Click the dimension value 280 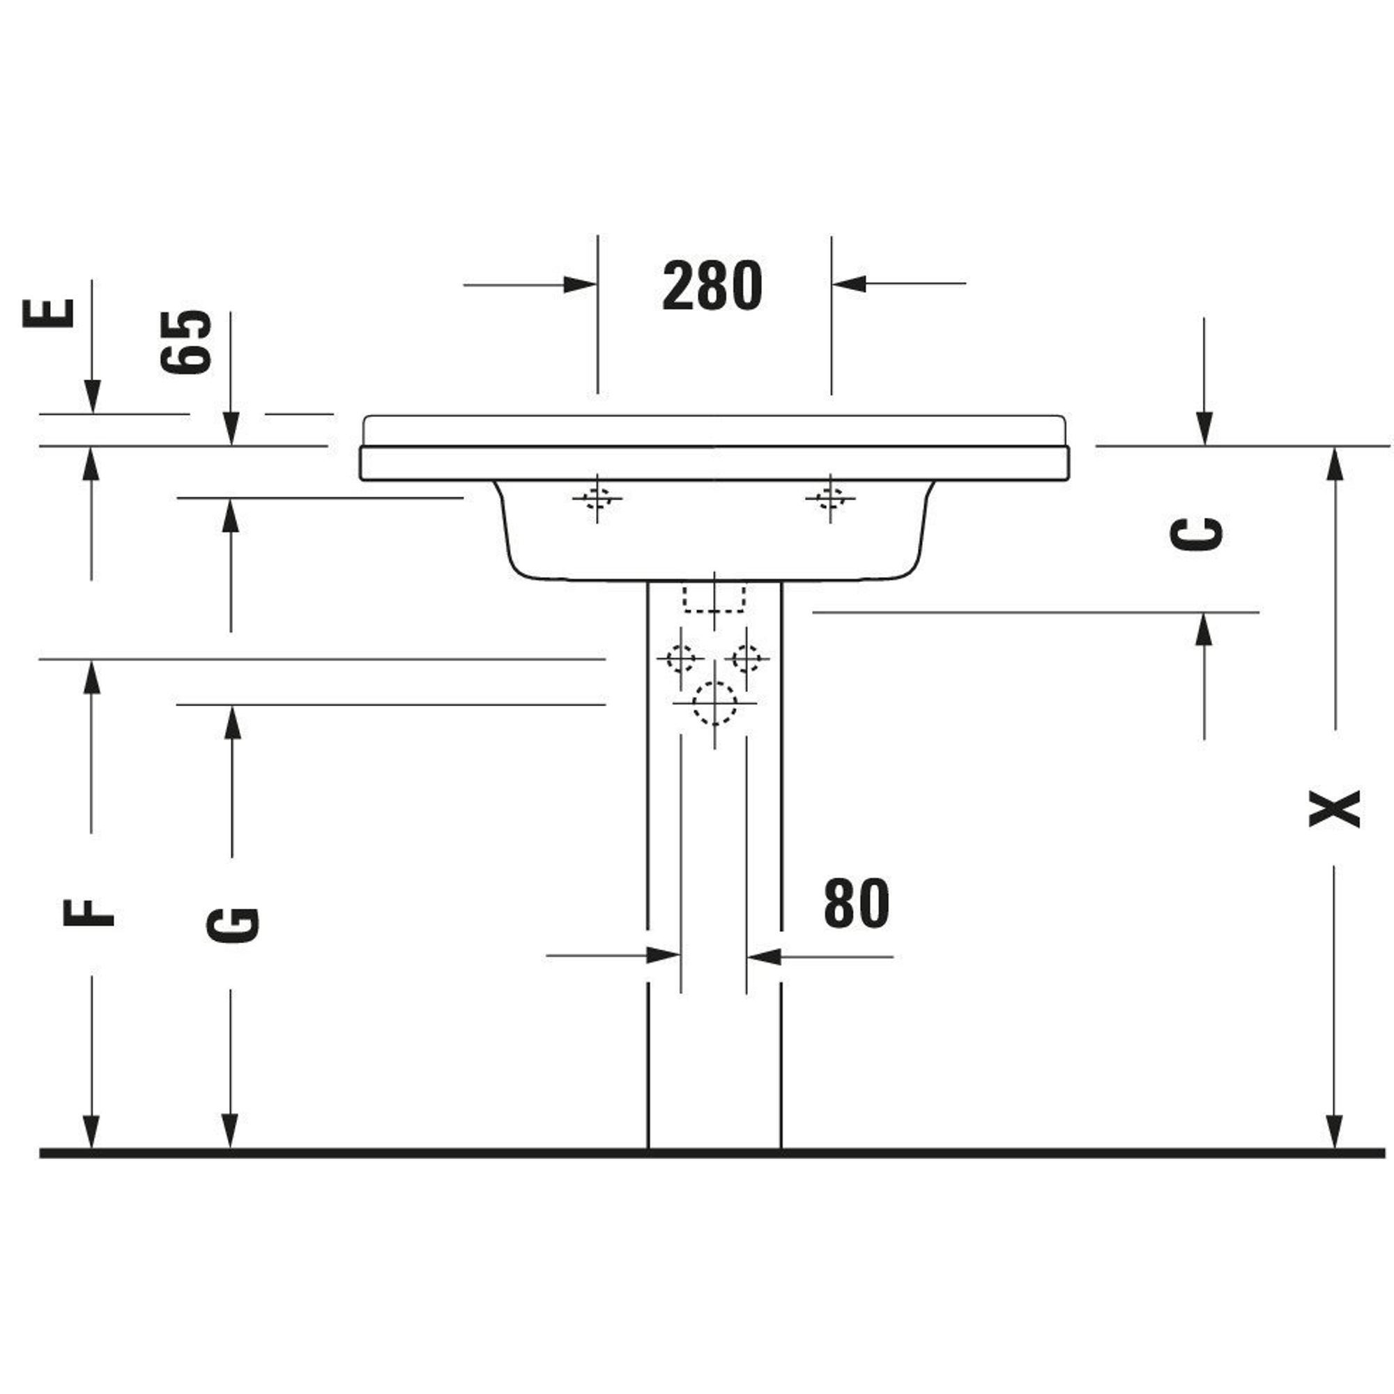pos(712,285)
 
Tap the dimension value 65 pos(186,342)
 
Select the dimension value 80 pos(857,903)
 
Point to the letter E pos(49,313)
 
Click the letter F pos(89,913)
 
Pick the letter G pos(232,925)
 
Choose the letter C pos(1195,534)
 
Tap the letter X pos(1334,808)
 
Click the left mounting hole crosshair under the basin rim pos(597,498)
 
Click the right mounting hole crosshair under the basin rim pos(831,498)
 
